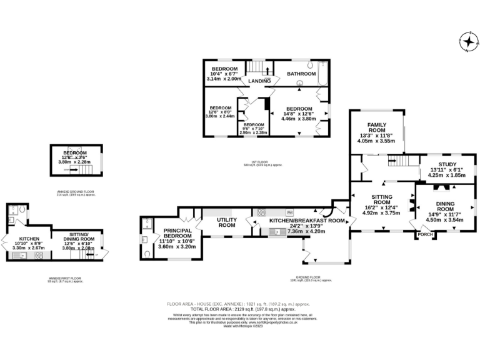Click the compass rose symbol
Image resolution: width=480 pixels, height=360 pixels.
tap(467, 42)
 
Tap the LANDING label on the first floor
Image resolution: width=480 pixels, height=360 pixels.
tap(258, 81)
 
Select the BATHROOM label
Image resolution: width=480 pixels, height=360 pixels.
tap(302, 74)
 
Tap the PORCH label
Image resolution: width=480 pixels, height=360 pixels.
tap(425, 234)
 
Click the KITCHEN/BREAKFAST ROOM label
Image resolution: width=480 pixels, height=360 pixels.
tap(307, 221)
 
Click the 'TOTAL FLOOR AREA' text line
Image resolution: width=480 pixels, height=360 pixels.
tap(243, 309)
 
